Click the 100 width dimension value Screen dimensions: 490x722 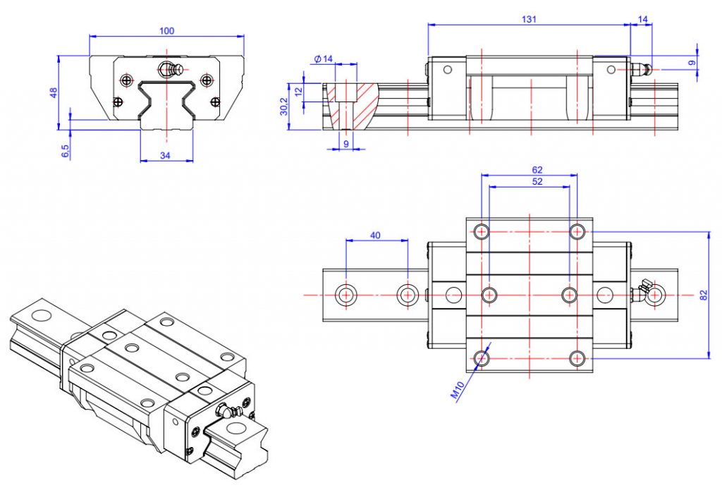click(166, 30)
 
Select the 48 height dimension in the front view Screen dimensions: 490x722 click(54, 93)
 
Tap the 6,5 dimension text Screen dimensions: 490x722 click(65, 151)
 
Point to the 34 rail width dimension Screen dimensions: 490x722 click(166, 155)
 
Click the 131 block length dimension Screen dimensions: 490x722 click(530, 20)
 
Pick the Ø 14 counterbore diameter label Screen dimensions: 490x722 click(322, 59)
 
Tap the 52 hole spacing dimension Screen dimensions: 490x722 click(529, 182)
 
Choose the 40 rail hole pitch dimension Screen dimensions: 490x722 click(376, 235)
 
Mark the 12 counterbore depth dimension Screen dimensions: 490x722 click(298, 90)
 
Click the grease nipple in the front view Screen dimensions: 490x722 click(169, 68)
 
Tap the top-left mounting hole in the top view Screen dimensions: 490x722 click(482, 231)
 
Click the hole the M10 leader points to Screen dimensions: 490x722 click(482, 357)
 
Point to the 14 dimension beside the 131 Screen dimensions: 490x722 click(642, 20)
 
